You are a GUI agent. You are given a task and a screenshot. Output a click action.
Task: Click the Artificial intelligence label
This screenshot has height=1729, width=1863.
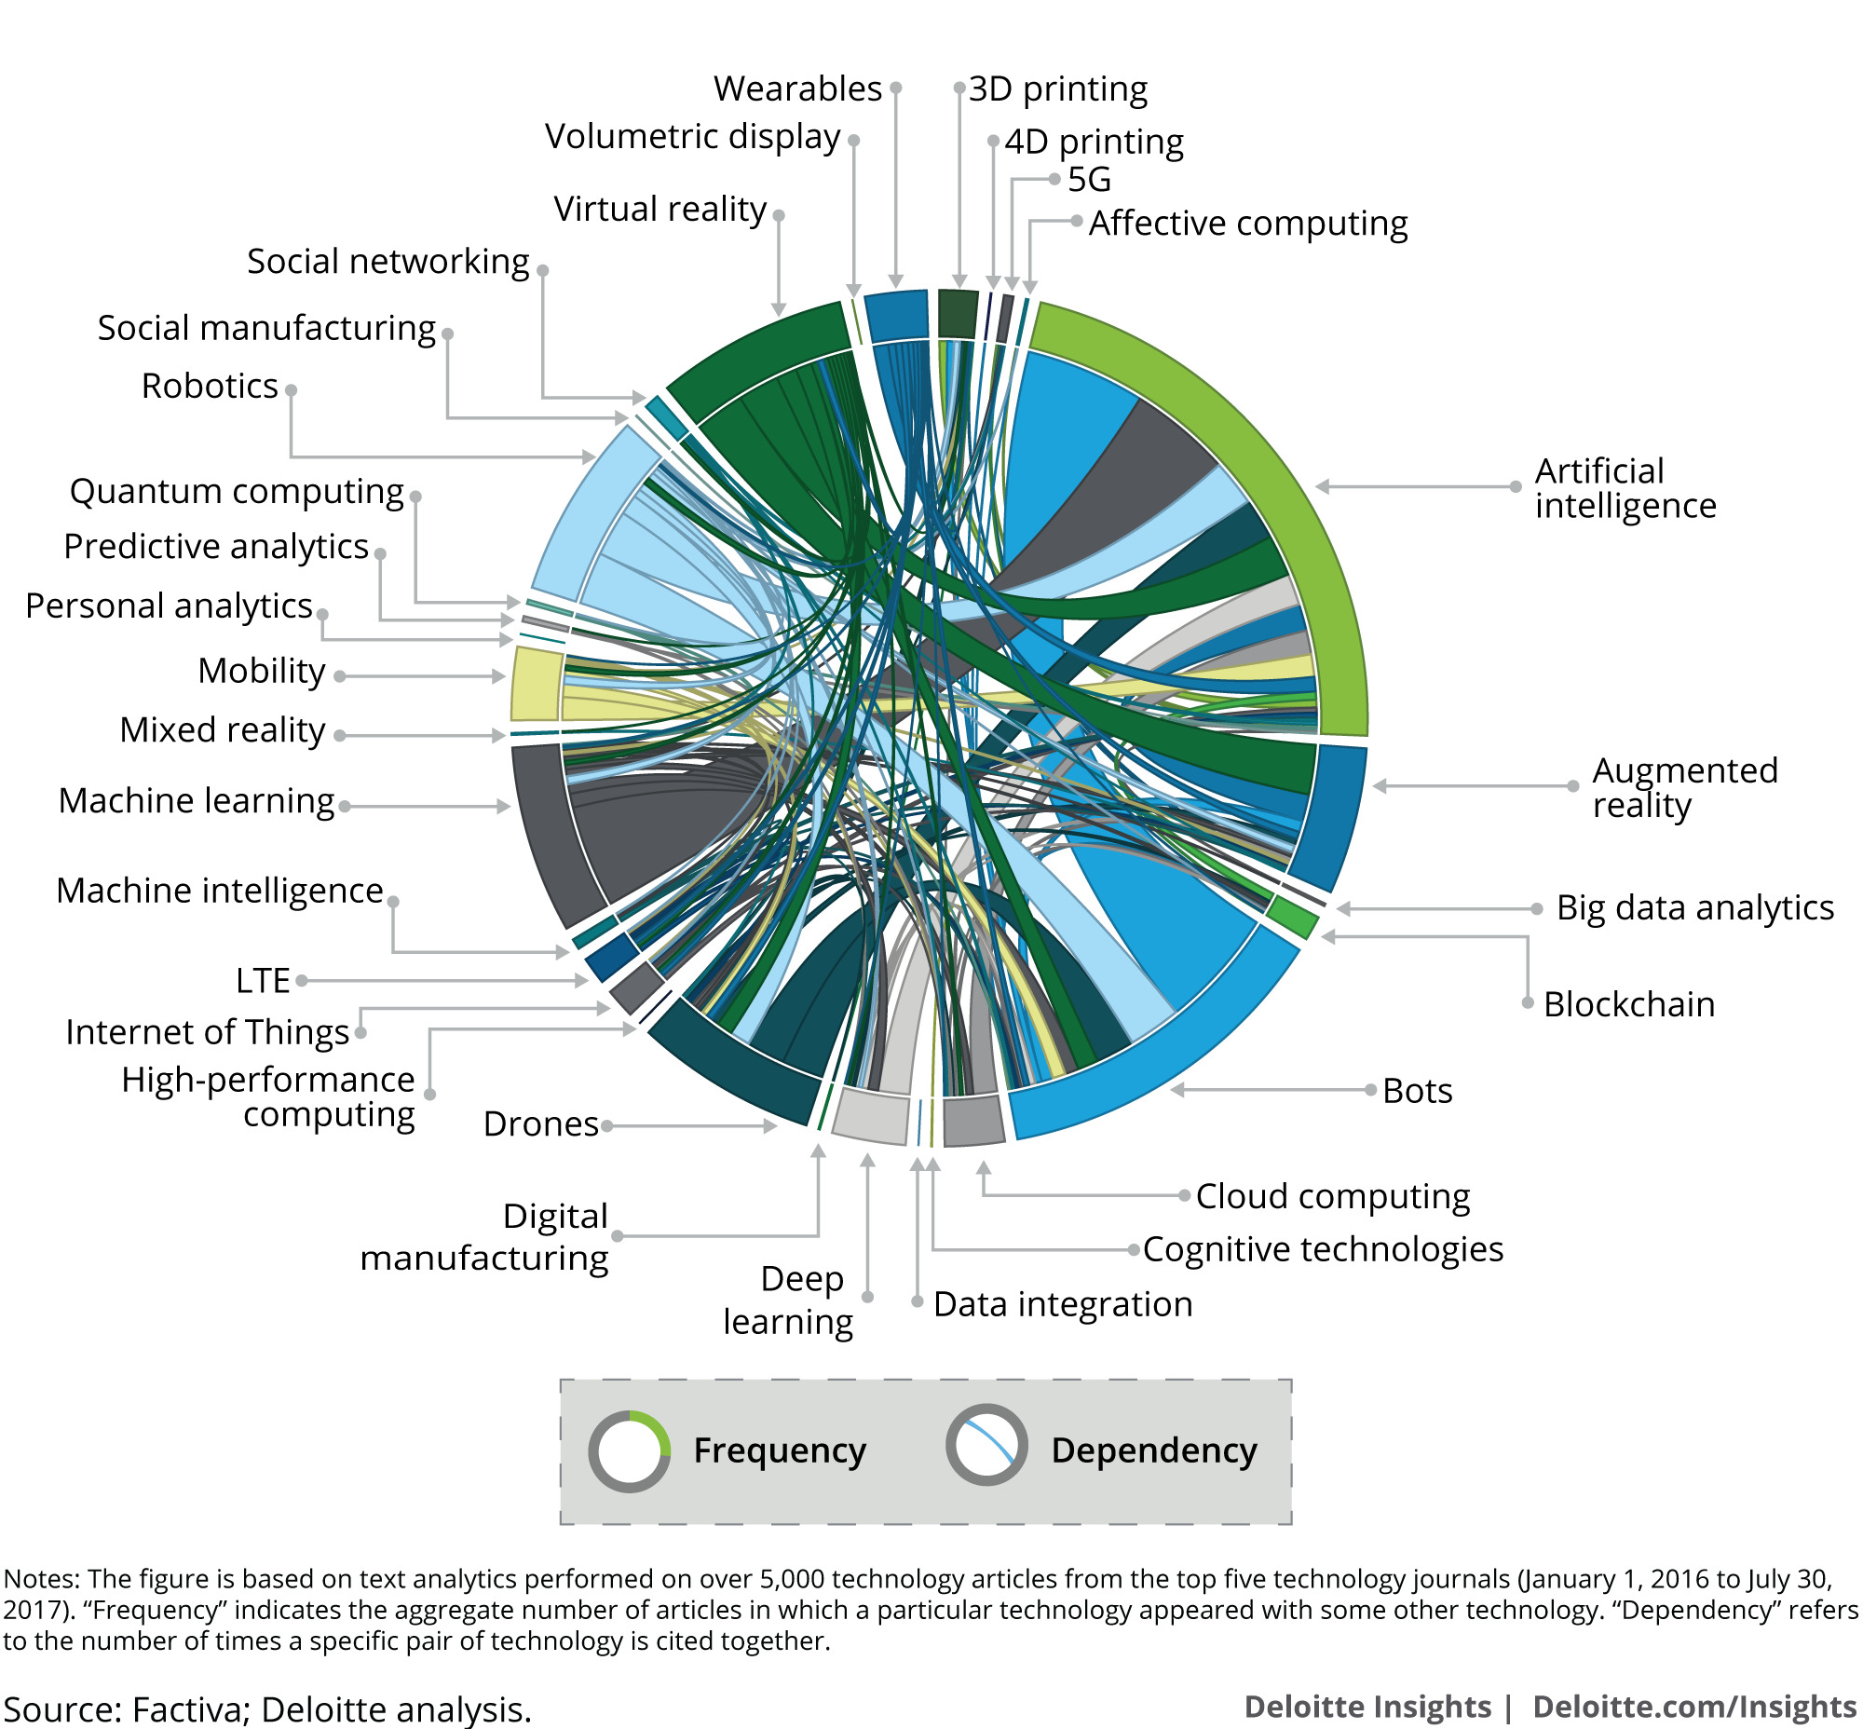click(x=1625, y=487)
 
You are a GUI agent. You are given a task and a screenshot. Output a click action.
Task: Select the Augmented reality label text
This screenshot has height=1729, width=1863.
click(x=1684, y=787)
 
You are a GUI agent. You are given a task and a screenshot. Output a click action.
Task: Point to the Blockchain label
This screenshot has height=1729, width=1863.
click(x=1628, y=1004)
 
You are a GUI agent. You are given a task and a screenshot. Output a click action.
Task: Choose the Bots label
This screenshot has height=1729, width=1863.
click(x=1417, y=1091)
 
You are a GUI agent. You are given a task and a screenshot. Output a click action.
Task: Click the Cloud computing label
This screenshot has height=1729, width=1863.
click(x=1331, y=1196)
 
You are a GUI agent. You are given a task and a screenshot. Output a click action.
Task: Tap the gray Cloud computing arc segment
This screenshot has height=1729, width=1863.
click(x=973, y=1120)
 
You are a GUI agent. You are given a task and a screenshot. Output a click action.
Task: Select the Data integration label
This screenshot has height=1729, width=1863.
click(x=1062, y=1303)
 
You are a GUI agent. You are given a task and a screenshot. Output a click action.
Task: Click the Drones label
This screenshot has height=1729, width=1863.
click(x=540, y=1123)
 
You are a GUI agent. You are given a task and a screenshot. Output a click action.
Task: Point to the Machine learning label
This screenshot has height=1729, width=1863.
click(x=196, y=801)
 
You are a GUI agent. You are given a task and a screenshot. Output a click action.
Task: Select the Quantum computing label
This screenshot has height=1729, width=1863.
click(x=236, y=491)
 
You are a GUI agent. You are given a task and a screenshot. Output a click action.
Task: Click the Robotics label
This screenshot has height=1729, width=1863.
click(x=210, y=386)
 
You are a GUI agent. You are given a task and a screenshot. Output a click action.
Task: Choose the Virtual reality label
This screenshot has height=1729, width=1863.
click(x=660, y=209)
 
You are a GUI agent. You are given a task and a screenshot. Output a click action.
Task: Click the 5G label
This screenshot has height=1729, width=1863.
click(x=1089, y=179)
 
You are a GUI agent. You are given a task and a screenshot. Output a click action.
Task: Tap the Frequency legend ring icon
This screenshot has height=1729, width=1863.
click(x=629, y=1451)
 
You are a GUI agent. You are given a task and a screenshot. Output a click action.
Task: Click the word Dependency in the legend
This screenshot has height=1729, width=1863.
click(x=1153, y=1450)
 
